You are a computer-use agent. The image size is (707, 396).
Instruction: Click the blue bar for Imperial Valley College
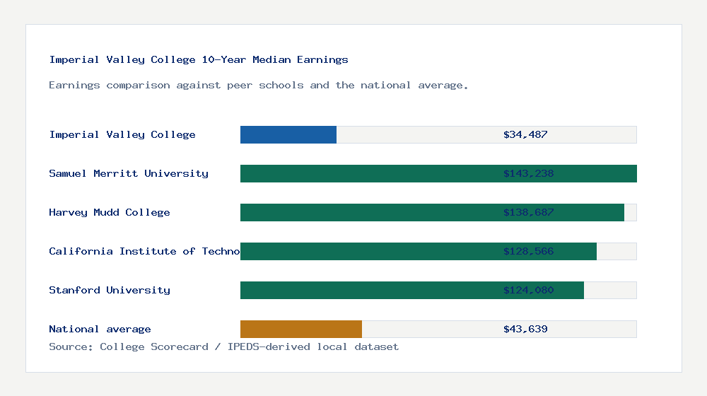[x=288, y=134]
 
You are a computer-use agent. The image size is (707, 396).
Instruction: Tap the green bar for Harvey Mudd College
[x=368, y=212]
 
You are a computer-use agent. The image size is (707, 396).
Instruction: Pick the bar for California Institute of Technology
[x=368, y=251]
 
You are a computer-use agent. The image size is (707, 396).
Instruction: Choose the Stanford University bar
[x=368, y=290]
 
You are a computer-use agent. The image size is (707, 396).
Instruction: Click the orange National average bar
[x=301, y=329]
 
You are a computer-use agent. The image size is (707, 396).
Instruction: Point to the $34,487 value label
[x=525, y=134]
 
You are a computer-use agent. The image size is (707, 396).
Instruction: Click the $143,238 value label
[x=528, y=173]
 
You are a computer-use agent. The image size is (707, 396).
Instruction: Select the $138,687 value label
[x=528, y=212]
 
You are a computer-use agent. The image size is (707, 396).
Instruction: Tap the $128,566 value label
[x=528, y=251]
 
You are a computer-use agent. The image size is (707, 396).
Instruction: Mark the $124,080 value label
[x=528, y=290]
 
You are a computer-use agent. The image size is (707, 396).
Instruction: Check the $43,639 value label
[x=525, y=329]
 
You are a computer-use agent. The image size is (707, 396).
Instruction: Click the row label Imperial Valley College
[x=122, y=134]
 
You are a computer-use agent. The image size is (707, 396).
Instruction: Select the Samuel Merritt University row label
[x=129, y=173]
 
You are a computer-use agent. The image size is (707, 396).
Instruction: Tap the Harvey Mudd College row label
[x=110, y=212]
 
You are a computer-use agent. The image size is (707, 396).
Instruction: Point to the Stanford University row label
[x=110, y=290]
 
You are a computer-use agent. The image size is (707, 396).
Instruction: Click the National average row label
[x=100, y=329]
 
